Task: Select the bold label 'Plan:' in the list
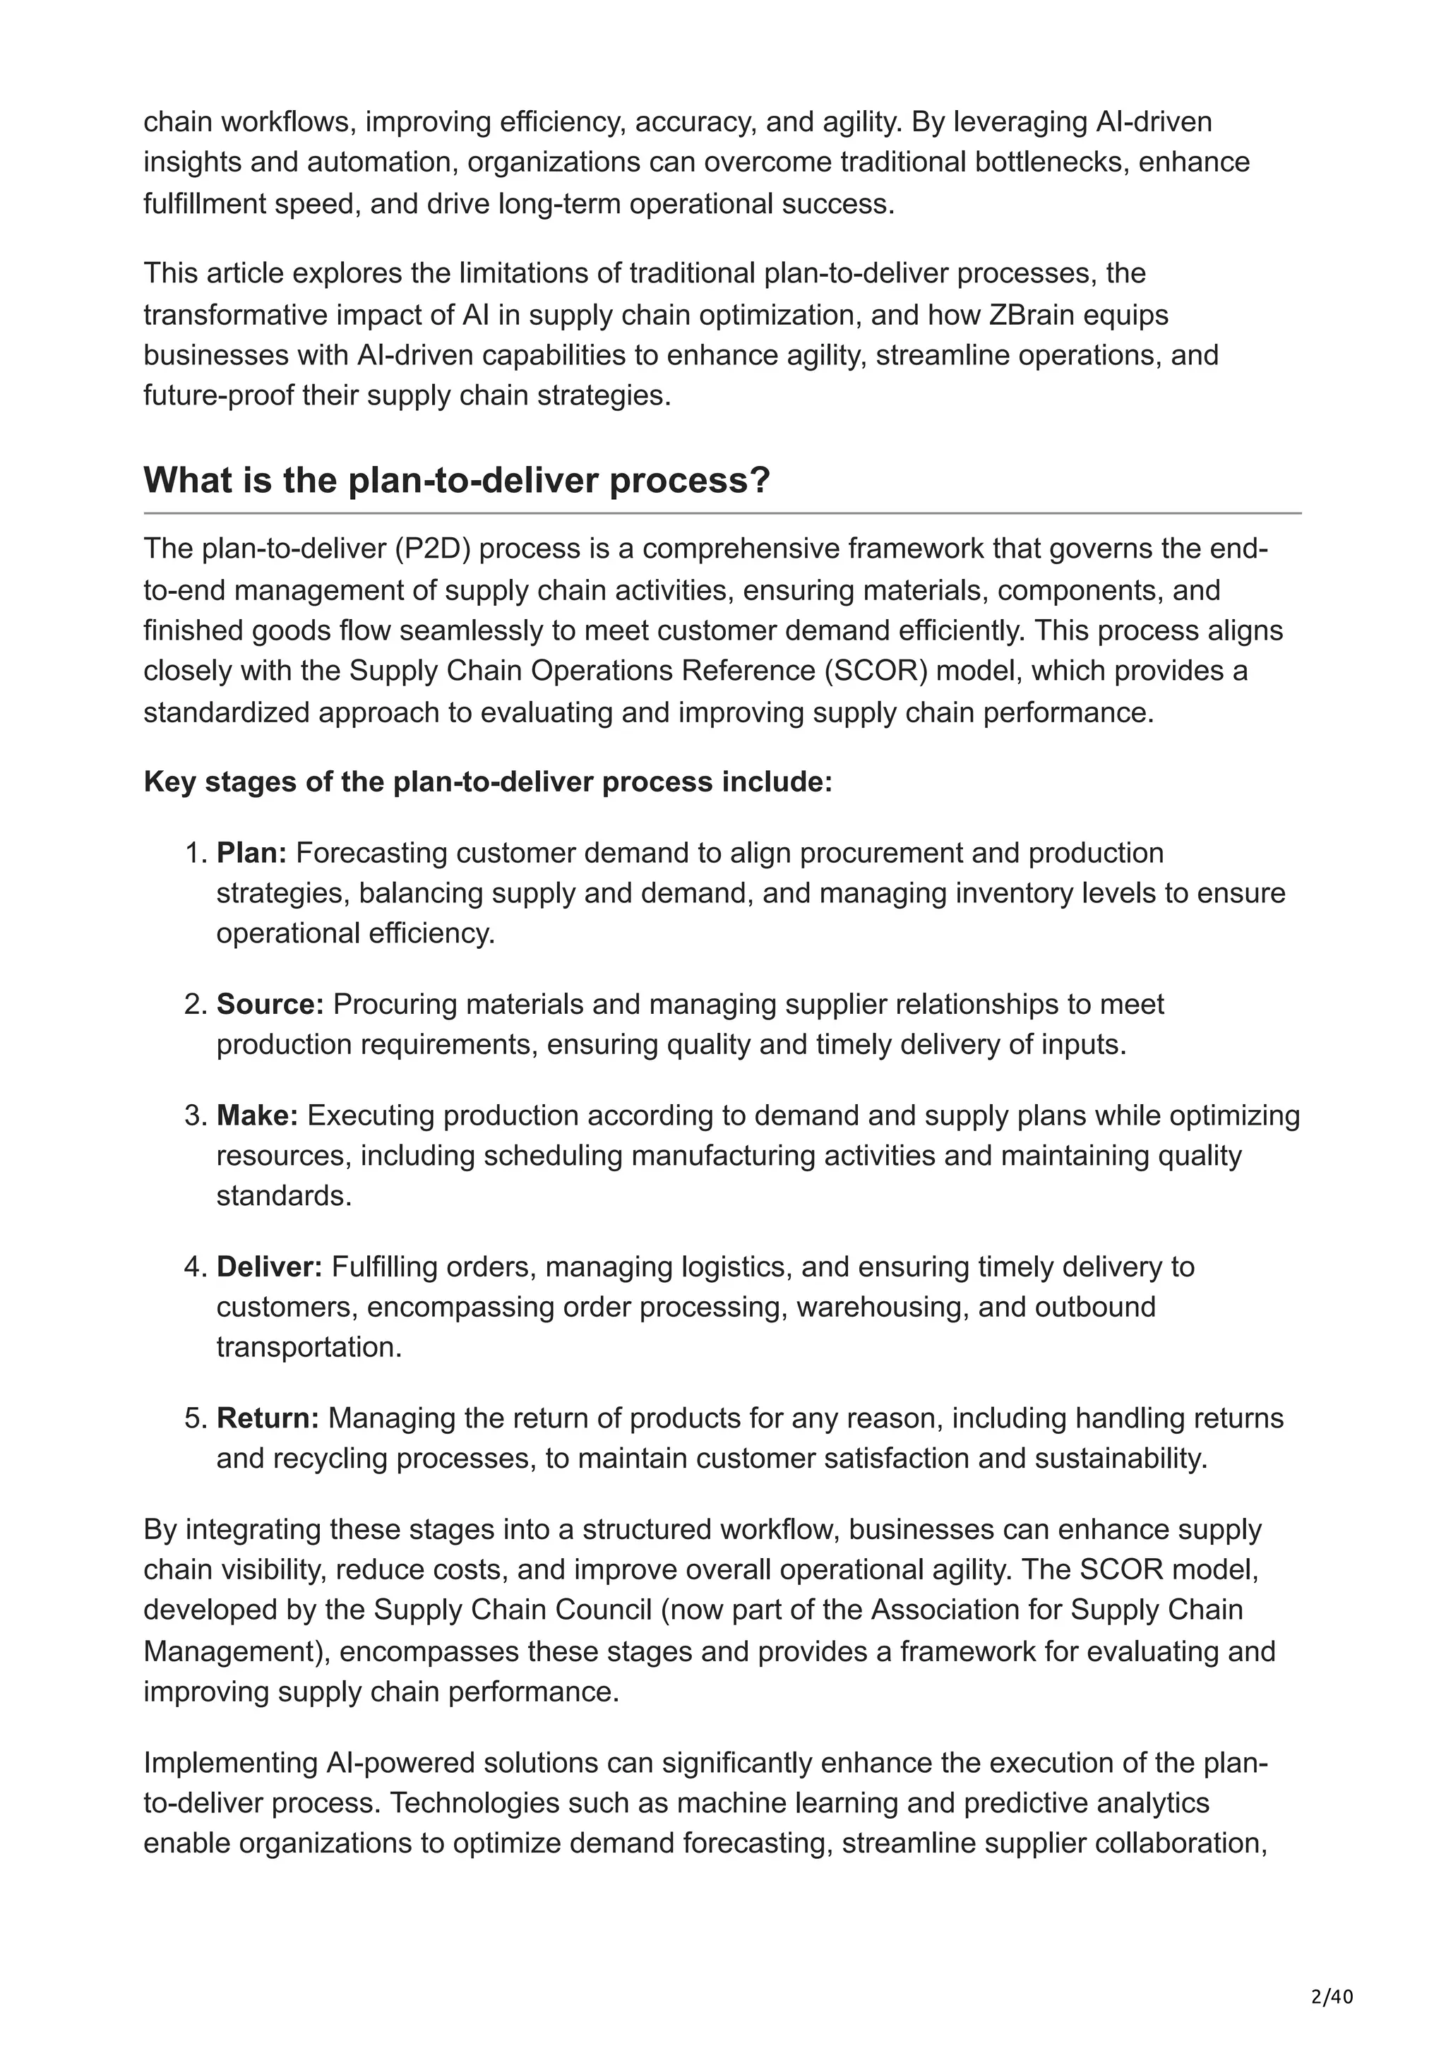251,853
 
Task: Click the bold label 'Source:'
270,1004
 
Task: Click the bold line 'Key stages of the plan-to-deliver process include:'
487,782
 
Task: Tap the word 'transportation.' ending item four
309,1346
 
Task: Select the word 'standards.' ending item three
285,1195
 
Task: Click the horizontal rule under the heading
722,513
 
